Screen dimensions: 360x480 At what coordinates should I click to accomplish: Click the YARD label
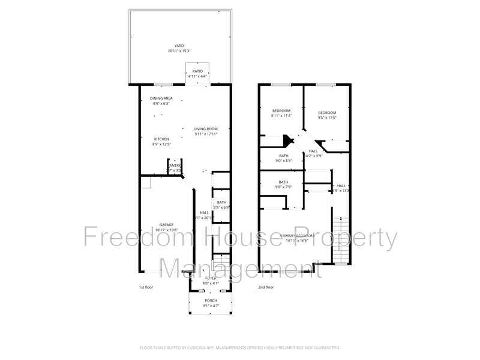179,46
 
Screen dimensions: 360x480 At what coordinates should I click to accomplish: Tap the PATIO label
197,71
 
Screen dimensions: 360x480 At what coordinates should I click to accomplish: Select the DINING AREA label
161,98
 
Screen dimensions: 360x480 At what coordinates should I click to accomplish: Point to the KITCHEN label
162,139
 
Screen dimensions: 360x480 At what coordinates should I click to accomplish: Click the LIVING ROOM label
206,129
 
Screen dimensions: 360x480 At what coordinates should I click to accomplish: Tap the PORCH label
211,301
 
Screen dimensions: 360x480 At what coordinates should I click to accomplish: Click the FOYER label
211,278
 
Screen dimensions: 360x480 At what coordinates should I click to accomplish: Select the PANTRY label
175,166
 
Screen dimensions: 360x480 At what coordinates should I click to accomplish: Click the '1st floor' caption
146,287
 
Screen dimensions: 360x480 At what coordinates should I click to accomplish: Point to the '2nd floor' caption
266,287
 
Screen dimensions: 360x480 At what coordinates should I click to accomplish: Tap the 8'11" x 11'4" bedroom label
281,111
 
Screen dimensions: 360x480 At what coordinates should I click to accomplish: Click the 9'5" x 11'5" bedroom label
327,113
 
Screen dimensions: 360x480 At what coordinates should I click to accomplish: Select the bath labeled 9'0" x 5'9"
284,156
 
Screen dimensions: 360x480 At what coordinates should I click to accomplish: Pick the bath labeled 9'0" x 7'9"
283,182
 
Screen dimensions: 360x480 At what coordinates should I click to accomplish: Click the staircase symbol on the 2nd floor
341,240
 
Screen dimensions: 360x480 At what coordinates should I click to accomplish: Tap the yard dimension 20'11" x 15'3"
179,50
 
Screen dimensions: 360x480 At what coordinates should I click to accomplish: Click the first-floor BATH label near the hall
222,202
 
